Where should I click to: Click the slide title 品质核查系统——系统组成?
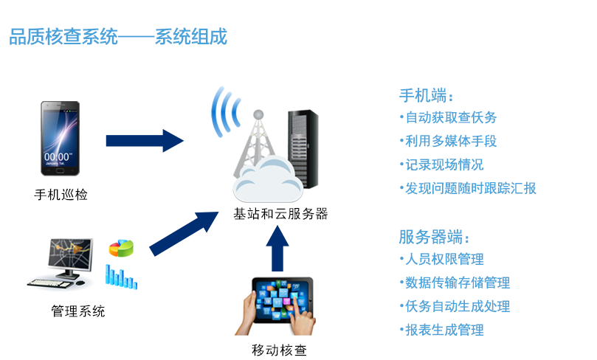(x=118, y=37)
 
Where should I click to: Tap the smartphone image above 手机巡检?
(x=60, y=138)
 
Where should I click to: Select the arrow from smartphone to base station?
(x=145, y=140)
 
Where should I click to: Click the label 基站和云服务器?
(x=280, y=215)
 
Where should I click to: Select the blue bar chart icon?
(x=122, y=276)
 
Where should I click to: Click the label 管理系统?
(x=78, y=311)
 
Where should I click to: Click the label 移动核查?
(x=280, y=350)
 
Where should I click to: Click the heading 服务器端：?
(x=434, y=238)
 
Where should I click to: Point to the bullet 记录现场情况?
(x=444, y=165)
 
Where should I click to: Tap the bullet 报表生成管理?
(x=444, y=330)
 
